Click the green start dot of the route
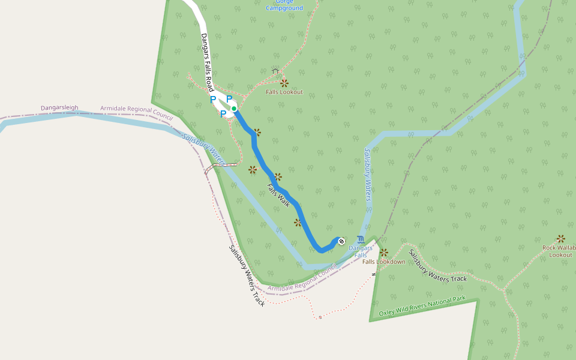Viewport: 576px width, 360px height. [x=234, y=109]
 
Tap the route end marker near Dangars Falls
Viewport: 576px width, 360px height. [x=341, y=241]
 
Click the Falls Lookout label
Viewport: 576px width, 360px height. [x=284, y=92]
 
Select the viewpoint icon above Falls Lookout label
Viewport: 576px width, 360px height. [x=284, y=83]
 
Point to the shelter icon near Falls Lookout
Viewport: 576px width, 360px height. [x=275, y=71]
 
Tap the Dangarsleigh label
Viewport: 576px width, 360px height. [x=59, y=108]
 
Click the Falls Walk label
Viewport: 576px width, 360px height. [x=278, y=195]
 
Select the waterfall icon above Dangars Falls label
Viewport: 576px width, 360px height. [x=360, y=239]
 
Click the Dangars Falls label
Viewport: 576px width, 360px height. [x=361, y=251]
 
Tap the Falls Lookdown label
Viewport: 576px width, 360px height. [x=383, y=262]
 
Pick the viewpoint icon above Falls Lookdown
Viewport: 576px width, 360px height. [x=384, y=253]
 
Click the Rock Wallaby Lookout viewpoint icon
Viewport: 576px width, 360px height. [x=561, y=239]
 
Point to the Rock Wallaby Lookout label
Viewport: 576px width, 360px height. [x=559, y=251]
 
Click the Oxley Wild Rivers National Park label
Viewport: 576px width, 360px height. [x=422, y=306]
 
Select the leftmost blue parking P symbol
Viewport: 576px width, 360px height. [x=213, y=100]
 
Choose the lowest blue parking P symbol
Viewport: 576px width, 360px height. [x=223, y=113]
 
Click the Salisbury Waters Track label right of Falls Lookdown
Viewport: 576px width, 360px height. [x=437, y=266]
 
